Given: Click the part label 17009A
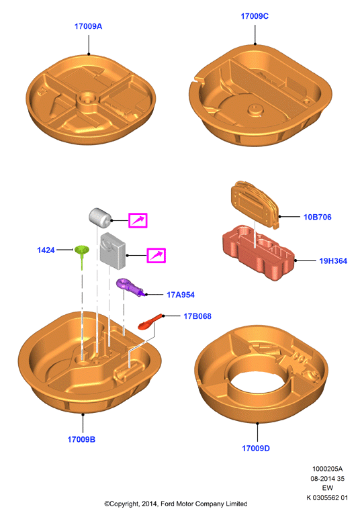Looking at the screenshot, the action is point(88,26).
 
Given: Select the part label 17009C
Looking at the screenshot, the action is point(255,16).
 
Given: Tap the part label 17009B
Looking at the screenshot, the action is point(81,440).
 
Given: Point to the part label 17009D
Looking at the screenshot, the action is point(256,449).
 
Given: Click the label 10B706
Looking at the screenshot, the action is point(318,217).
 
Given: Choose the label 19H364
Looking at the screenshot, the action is point(333,261).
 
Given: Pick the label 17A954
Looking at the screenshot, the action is point(181,295).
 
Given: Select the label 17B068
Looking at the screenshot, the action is point(197,316).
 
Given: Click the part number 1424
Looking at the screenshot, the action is point(46,250).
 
